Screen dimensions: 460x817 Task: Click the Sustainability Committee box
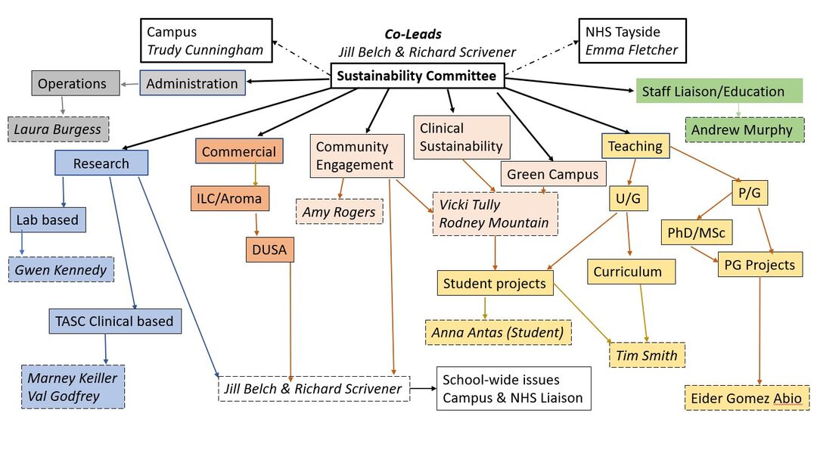pyautogui.click(x=417, y=76)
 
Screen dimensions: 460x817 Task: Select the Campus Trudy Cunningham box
pyautogui.click(x=206, y=42)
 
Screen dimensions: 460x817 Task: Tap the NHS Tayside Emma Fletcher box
pyautogui.click(x=632, y=42)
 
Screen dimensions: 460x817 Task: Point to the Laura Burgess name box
pyautogui.click(x=58, y=129)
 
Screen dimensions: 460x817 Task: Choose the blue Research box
pyautogui.click(x=101, y=163)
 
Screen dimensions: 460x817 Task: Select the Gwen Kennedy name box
pyautogui.click(x=61, y=269)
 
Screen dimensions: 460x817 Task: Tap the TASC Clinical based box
pyautogui.click(x=114, y=321)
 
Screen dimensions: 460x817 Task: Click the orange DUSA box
pyautogui.click(x=269, y=249)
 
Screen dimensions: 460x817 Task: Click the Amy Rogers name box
pyautogui.click(x=339, y=212)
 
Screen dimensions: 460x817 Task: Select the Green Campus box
pyautogui.click(x=552, y=174)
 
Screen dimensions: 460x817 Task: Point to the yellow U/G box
pyautogui.click(x=629, y=198)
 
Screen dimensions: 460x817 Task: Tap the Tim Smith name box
pyautogui.click(x=647, y=355)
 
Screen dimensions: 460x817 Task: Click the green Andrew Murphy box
pyautogui.click(x=742, y=129)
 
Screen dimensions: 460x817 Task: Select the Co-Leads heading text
pyautogui.click(x=413, y=35)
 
